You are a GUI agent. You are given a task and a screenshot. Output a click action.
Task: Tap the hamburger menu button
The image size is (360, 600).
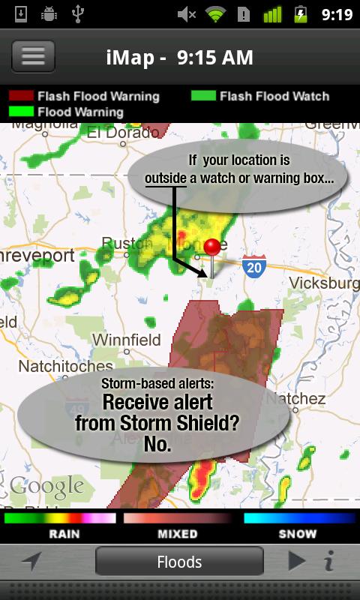(33, 57)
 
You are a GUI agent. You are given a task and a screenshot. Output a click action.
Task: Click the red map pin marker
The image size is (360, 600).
(213, 248)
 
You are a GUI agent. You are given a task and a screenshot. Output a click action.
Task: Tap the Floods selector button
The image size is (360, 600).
(179, 562)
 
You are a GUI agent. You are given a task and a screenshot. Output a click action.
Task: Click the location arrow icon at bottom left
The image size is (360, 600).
(31, 561)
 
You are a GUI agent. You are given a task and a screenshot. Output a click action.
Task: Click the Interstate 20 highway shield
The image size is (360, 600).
(254, 266)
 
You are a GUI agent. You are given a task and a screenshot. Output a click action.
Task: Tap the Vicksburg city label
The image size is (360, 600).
(324, 283)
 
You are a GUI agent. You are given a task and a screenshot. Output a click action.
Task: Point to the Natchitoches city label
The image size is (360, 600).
(65, 367)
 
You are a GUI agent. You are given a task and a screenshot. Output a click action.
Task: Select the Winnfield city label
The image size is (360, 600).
(126, 340)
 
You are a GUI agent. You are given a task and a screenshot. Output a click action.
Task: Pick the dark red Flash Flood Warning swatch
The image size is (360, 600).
(20, 96)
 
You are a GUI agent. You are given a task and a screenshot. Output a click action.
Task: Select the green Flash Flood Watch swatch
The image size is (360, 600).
(202, 96)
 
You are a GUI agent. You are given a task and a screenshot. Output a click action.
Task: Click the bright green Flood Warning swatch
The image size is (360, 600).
(20, 112)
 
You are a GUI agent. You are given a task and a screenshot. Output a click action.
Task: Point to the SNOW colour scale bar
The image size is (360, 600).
(298, 518)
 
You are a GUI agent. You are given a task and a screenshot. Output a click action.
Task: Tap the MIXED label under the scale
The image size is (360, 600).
(177, 535)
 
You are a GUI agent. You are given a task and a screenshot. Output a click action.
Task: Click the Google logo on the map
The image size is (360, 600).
(46, 487)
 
